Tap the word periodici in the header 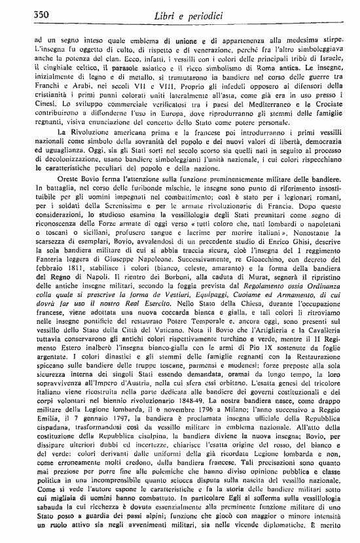coord(206,14)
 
